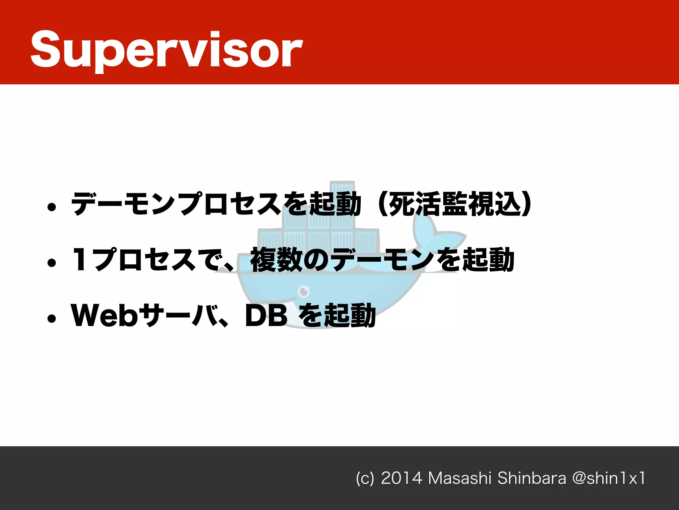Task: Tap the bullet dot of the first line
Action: [51, 207]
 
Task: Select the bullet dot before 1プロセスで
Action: [51, 263]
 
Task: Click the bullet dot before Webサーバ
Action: [51, 319]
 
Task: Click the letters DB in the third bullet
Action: [266, 315]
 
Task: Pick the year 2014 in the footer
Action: [401, 478]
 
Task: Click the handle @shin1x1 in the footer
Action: [609, 478]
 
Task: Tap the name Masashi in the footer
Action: [460, 478]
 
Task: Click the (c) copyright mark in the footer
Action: [365, 478]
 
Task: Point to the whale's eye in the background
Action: [304, 292]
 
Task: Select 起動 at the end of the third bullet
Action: [350, 315]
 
